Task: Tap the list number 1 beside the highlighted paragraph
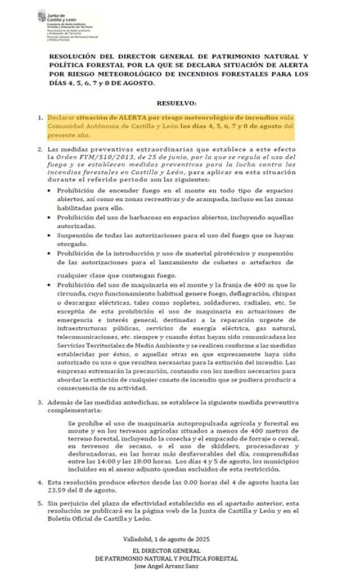(x=39, y=118)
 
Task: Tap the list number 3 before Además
(x=39, y=403)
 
